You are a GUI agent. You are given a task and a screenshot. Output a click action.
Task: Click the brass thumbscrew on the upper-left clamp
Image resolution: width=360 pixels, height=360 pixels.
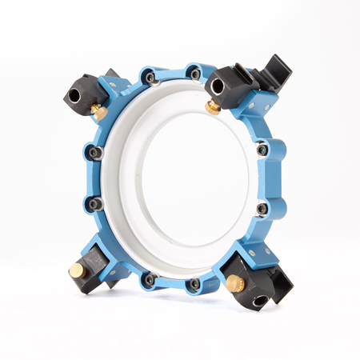(100, 113)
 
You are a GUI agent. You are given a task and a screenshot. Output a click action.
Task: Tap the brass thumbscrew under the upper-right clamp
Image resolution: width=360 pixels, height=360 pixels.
(214, 106)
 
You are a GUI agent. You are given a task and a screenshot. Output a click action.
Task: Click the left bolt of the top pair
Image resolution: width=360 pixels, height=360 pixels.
(150, 77)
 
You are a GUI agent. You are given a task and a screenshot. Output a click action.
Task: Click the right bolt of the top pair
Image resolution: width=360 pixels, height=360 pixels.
(195, 74)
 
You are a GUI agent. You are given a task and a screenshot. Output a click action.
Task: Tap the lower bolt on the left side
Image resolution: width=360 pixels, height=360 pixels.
(97, 204)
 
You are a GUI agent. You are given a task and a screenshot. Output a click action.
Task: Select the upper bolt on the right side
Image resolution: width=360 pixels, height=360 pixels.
(263, 149)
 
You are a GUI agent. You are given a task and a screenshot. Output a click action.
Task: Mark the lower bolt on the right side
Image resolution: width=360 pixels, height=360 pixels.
(262, 209)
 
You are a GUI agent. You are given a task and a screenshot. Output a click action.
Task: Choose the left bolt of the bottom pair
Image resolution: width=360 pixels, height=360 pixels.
(149, 278)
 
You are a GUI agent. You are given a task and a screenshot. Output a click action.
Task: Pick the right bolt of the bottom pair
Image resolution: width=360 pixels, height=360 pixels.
(194, 283)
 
